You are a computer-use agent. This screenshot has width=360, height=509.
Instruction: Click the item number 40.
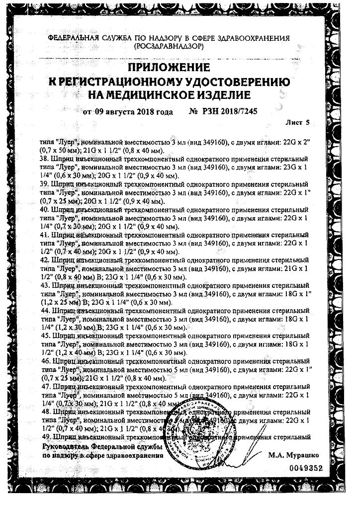[45, 211]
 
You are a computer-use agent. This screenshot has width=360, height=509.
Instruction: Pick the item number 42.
[45, 260]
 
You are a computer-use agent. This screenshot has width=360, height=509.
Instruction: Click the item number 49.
[45, 437]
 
